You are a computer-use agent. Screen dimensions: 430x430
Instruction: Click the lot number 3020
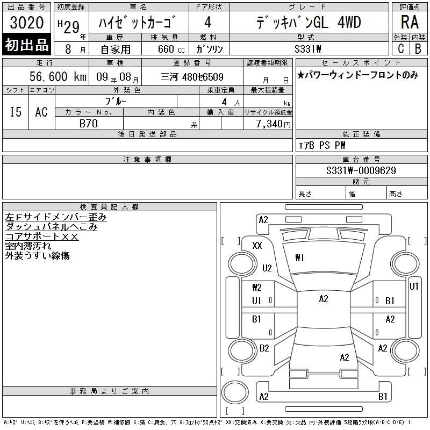click(26, 23)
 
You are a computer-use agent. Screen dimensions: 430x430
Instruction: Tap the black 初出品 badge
click(26, 45)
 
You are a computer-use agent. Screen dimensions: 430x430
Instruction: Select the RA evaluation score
click(410, 22)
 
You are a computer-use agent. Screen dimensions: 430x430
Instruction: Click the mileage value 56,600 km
click(58, 76)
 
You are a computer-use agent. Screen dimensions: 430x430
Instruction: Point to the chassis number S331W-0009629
click(361, 170)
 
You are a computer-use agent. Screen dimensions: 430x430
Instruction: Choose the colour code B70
click(89, 124)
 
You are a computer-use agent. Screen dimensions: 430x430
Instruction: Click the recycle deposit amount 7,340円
click(273, 124)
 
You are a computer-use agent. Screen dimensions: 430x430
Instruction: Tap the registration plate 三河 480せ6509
click(192, 77)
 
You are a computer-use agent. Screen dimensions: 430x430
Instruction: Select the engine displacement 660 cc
click(171, 49)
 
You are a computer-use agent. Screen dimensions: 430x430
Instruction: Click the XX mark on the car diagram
click(257, 245)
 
